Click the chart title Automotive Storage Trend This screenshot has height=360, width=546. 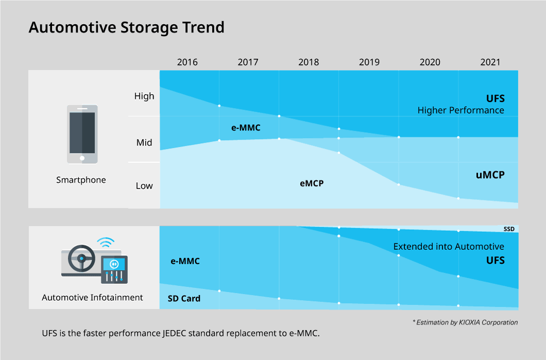(x=126, y=27)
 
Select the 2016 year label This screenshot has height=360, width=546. (x=187, y=62)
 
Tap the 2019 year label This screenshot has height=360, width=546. (x=369, y=62)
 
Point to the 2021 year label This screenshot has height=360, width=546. (x=490, y=62)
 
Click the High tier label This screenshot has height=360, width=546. (x=144, y=96)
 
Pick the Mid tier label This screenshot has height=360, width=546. (x=144, y=143)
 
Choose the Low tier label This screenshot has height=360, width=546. (x=144, y=186)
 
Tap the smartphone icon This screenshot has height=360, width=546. (x=82, y=134)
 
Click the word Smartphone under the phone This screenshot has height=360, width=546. (x=81, y=180)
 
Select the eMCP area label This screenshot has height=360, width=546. (x=312, y=183)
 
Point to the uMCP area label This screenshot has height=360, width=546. (x=490, y=175)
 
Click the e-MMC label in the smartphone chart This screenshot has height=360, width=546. (x=246, y=128)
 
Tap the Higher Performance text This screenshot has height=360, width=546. (x=460, y=110)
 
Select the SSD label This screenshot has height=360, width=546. (x=509, y=229)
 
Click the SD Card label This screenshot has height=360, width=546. (x=184, y=299)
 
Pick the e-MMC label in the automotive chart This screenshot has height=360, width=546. (x=185, y=261)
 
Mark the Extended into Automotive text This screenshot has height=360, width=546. (x=449, y=247)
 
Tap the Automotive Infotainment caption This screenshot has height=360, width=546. (x=93, y=298)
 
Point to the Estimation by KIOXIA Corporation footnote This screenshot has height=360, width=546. (x=465, y=322)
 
